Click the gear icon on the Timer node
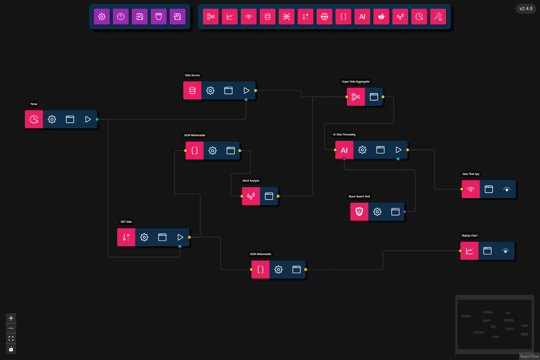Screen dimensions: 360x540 tap(52, 119)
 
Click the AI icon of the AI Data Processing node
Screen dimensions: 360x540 tap(344, 150)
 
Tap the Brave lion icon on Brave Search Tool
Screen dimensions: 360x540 tap(359, 212)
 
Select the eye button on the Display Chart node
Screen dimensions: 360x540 tap(506, 251)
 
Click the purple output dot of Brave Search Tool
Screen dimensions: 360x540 tap(405, 212)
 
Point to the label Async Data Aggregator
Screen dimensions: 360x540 tap(356, 82)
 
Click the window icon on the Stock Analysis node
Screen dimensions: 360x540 tap(269, 196)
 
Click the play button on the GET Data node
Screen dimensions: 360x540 tap(180, 237)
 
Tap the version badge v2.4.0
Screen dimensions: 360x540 tap(526, 9)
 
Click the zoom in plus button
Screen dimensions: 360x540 tap(11, 318)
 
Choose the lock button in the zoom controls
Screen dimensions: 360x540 tap(11, 349)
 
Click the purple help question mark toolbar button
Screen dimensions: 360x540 tap(121, 17)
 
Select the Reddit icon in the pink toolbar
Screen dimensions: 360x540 tap(381, 17)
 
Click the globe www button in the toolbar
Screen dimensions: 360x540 tap(324, 17)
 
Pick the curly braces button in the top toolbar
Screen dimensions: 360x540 tap(343, 17)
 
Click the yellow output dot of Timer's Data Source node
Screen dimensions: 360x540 tap(256, 90)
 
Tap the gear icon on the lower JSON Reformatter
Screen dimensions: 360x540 tap(279, 270)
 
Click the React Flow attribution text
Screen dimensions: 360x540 tap(529, 356)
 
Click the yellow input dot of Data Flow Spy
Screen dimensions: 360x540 tap(462, 189)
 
